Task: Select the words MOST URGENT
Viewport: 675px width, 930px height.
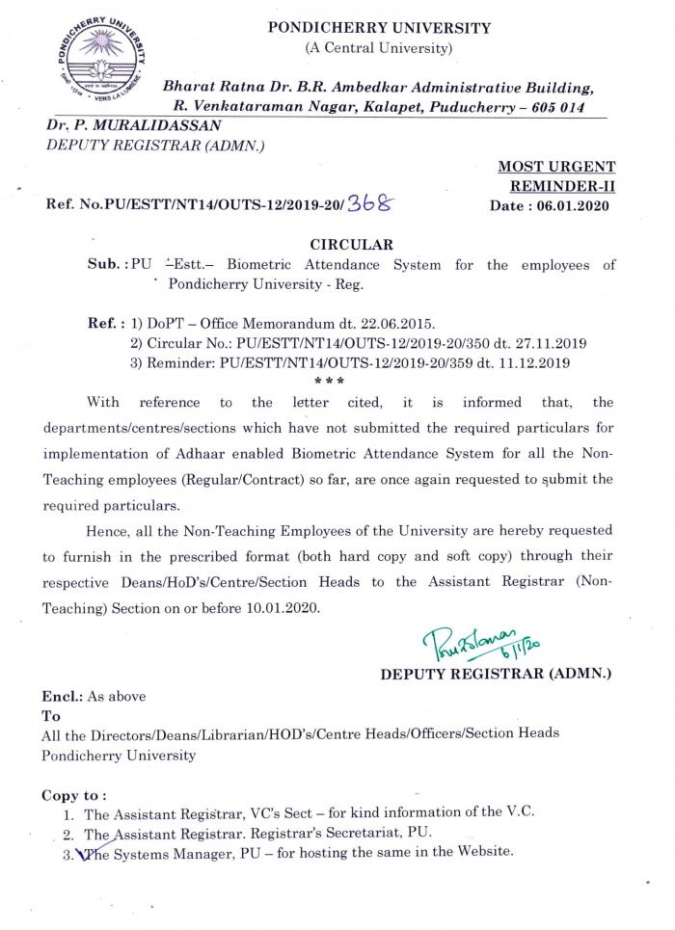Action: coord(556,168)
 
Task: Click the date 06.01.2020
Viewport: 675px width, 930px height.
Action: coord(575,206)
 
